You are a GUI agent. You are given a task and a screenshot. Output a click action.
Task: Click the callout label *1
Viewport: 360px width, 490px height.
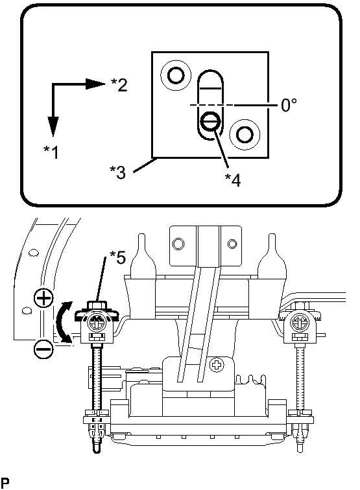[x=51, y=152]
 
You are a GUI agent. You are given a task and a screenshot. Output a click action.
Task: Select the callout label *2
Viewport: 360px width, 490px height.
[x=119, y=84]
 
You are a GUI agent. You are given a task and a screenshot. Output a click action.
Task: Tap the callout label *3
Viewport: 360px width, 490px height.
[x=117, y=172]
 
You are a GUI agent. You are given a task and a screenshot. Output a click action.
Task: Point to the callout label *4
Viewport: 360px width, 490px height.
[x=233, y=180]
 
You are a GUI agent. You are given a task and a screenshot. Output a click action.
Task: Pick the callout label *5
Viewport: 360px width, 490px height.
[x=117, y=257]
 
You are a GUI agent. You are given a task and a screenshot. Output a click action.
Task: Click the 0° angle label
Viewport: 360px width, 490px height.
[x=289, y=105]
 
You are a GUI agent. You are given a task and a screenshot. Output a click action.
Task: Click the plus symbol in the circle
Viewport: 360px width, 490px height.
[x=43, y=298]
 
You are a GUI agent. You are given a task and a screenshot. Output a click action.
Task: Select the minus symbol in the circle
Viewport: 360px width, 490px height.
[x=43, y=349]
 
